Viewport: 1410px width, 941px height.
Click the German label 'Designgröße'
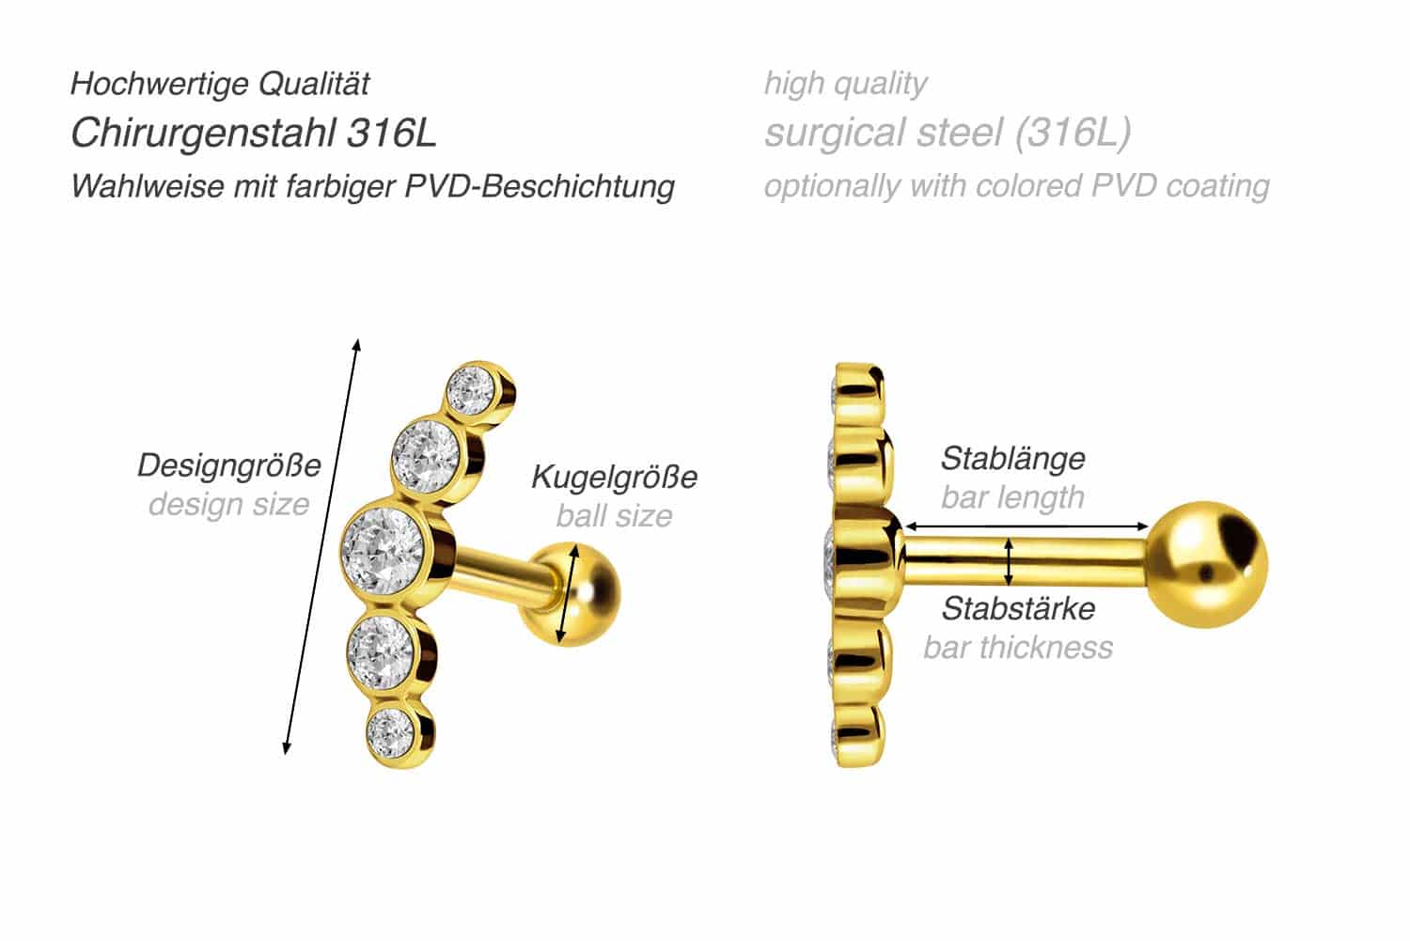(229, 466)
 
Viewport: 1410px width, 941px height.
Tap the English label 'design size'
(229, 504)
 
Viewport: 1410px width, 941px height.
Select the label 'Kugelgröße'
(615, 478)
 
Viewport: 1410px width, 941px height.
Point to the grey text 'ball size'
(615, 515)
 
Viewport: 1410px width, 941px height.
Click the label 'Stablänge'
(1012, 459)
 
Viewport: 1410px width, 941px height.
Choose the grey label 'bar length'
(1012, 497)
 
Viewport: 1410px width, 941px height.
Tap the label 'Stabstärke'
(1018, 608)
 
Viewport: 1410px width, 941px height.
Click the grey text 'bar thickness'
(1018, 647)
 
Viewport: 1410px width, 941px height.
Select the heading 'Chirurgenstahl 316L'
(253, 133)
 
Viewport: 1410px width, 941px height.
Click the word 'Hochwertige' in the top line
(159, 85)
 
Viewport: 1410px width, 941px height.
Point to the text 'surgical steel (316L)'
(948, 133)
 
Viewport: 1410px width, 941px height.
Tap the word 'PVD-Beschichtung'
(540, 186)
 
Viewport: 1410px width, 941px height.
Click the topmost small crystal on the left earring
(471, 390)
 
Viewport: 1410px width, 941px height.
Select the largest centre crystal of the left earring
(384, 550)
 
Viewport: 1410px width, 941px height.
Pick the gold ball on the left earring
(574, 594)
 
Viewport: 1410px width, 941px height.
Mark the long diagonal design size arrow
(321, 546)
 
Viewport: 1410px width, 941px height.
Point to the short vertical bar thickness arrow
(1009, 562)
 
